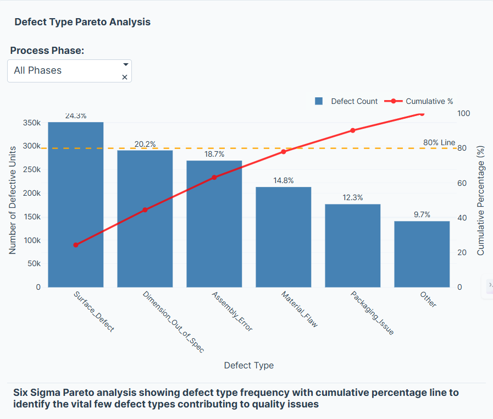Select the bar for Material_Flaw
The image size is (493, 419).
pyautogui.click(x=283, y=237)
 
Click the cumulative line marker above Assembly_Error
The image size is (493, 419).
pyautogui.click(x=214, y=177)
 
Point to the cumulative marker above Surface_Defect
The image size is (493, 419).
pyautogui.click(x=76, y=245)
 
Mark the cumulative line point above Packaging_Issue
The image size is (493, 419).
pyautogui.click(x=353, y=130)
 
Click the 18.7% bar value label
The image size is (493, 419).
pyautogui.click(x=214, y=155)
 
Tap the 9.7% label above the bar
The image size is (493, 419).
pyautogui.click(x=422, y=215)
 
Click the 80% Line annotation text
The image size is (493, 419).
pyautogui.click(x=439, y=142)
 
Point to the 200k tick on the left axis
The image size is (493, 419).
pyautogui.click(x=31, y=193)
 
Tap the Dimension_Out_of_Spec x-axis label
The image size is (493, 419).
pyautogui.click(x=173, y=322)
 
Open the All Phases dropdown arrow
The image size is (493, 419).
pyautogui.click(x=125, y=64)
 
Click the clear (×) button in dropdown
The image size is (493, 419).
pyautogui.click(x=124, y=78)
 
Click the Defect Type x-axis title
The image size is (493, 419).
pyautogui.click(x=248, y=366)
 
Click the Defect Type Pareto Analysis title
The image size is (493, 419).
pyautogui.click(x=82, y=23)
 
